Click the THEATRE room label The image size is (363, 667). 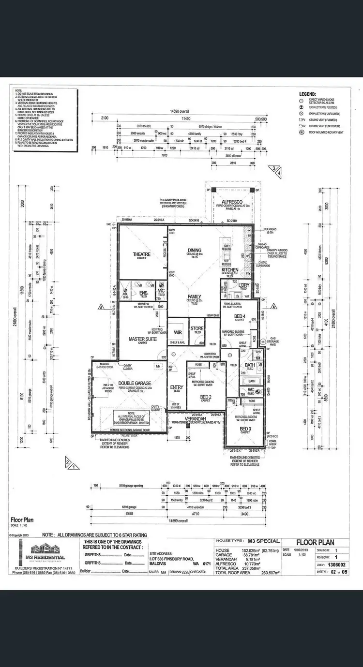click(x=142, y=254)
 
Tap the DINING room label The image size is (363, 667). click(x=195, y=250)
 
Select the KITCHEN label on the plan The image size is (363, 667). click(x=230, y=269)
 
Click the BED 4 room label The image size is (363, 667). click(x=241, y=316)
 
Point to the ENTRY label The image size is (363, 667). click(x=177, y=387)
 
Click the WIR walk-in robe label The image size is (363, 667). click(x=177, y=333)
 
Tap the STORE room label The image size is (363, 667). click(x=197, y=328)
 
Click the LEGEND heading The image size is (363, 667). click(x=308, y=94)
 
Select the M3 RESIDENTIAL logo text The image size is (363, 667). click(x=47, y=557)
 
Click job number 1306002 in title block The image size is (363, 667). click(x=337, y=563)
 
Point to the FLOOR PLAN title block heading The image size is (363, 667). click(x=315, y=542)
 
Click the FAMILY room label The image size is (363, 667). click(x=194, y=296)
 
